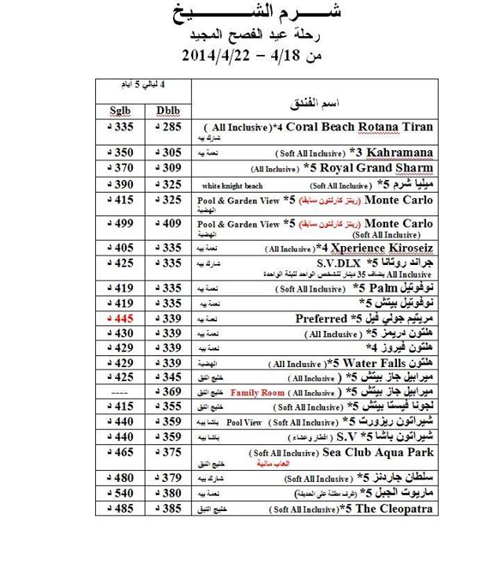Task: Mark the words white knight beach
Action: click(x=228, y=186)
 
